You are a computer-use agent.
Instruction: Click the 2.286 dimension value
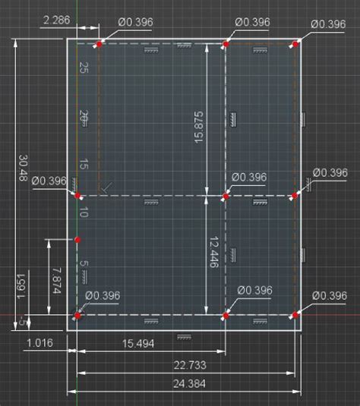[x=56, y=20]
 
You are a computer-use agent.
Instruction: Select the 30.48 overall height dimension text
[x=24, y=168]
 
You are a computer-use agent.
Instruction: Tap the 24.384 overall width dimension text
[x=189, y=383]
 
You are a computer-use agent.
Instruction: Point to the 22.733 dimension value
[x=190, y=365]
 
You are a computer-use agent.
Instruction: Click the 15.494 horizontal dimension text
[x=138, y=344]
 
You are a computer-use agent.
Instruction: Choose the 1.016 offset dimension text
[x=40, y=343]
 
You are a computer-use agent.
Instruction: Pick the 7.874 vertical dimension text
[x=57, y=281]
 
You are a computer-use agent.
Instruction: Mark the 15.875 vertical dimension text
[x=199, y=127]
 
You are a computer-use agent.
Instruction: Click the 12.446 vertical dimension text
[x=214, y=252]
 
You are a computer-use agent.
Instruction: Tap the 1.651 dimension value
[x=21, y=286]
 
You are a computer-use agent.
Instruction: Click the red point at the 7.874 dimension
[x=77, y=240]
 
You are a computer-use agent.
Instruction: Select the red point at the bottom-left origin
[x=77, y=316]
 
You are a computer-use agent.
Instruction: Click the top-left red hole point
[x=99, y=44]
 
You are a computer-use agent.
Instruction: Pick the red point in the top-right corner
[x=295, y=44]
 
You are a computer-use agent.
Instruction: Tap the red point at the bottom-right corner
[x=295, y=315]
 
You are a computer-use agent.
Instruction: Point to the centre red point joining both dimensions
[x=226, y=197]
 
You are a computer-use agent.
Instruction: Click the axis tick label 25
[x=84, y=68]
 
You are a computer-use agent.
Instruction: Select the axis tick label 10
[x=84, y=212]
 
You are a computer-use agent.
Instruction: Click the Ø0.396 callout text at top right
[x=328, y=24]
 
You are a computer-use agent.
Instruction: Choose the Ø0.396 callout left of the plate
[x=49, y=181]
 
